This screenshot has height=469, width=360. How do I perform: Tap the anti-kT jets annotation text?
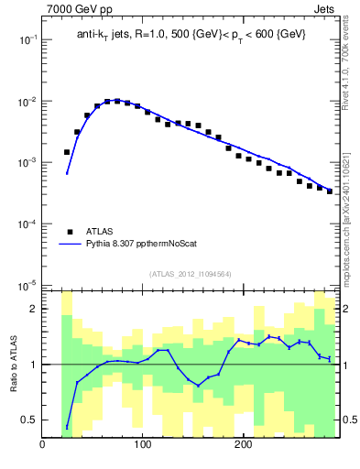(191, 34)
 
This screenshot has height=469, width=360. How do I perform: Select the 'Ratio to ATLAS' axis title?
(13, 364)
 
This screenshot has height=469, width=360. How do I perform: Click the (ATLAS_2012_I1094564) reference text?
(191, 273)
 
